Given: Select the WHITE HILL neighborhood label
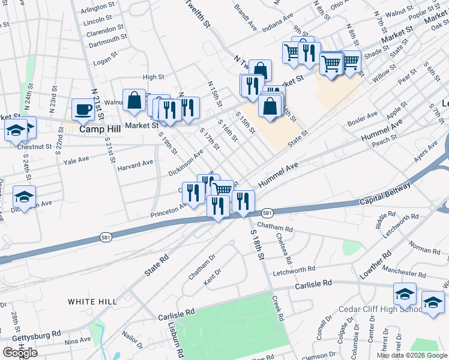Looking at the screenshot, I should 91,301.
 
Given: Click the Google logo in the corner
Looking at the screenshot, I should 20,353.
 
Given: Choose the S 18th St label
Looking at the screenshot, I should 256,239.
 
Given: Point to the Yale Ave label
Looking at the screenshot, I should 76,160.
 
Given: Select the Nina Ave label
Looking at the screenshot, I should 77,341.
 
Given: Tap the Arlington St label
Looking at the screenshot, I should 98,7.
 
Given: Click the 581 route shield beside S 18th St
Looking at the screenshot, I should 268,214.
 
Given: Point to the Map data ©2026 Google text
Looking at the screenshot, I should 412,355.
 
